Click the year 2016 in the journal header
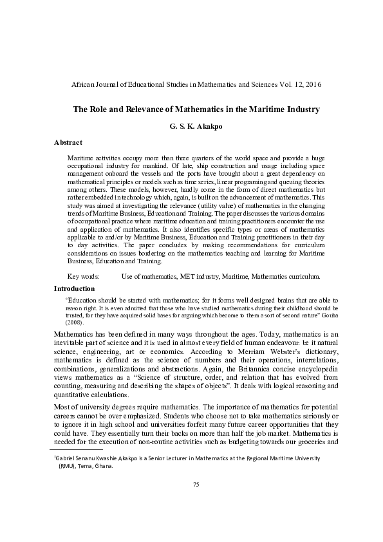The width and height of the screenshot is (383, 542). tap(312, 84)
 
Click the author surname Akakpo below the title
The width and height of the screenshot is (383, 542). tap(203, 127)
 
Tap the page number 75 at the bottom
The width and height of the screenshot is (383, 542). tap(196, 501)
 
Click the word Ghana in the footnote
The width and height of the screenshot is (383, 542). tap(104, 467)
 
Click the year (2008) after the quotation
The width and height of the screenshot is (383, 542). tap(75, 322)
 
